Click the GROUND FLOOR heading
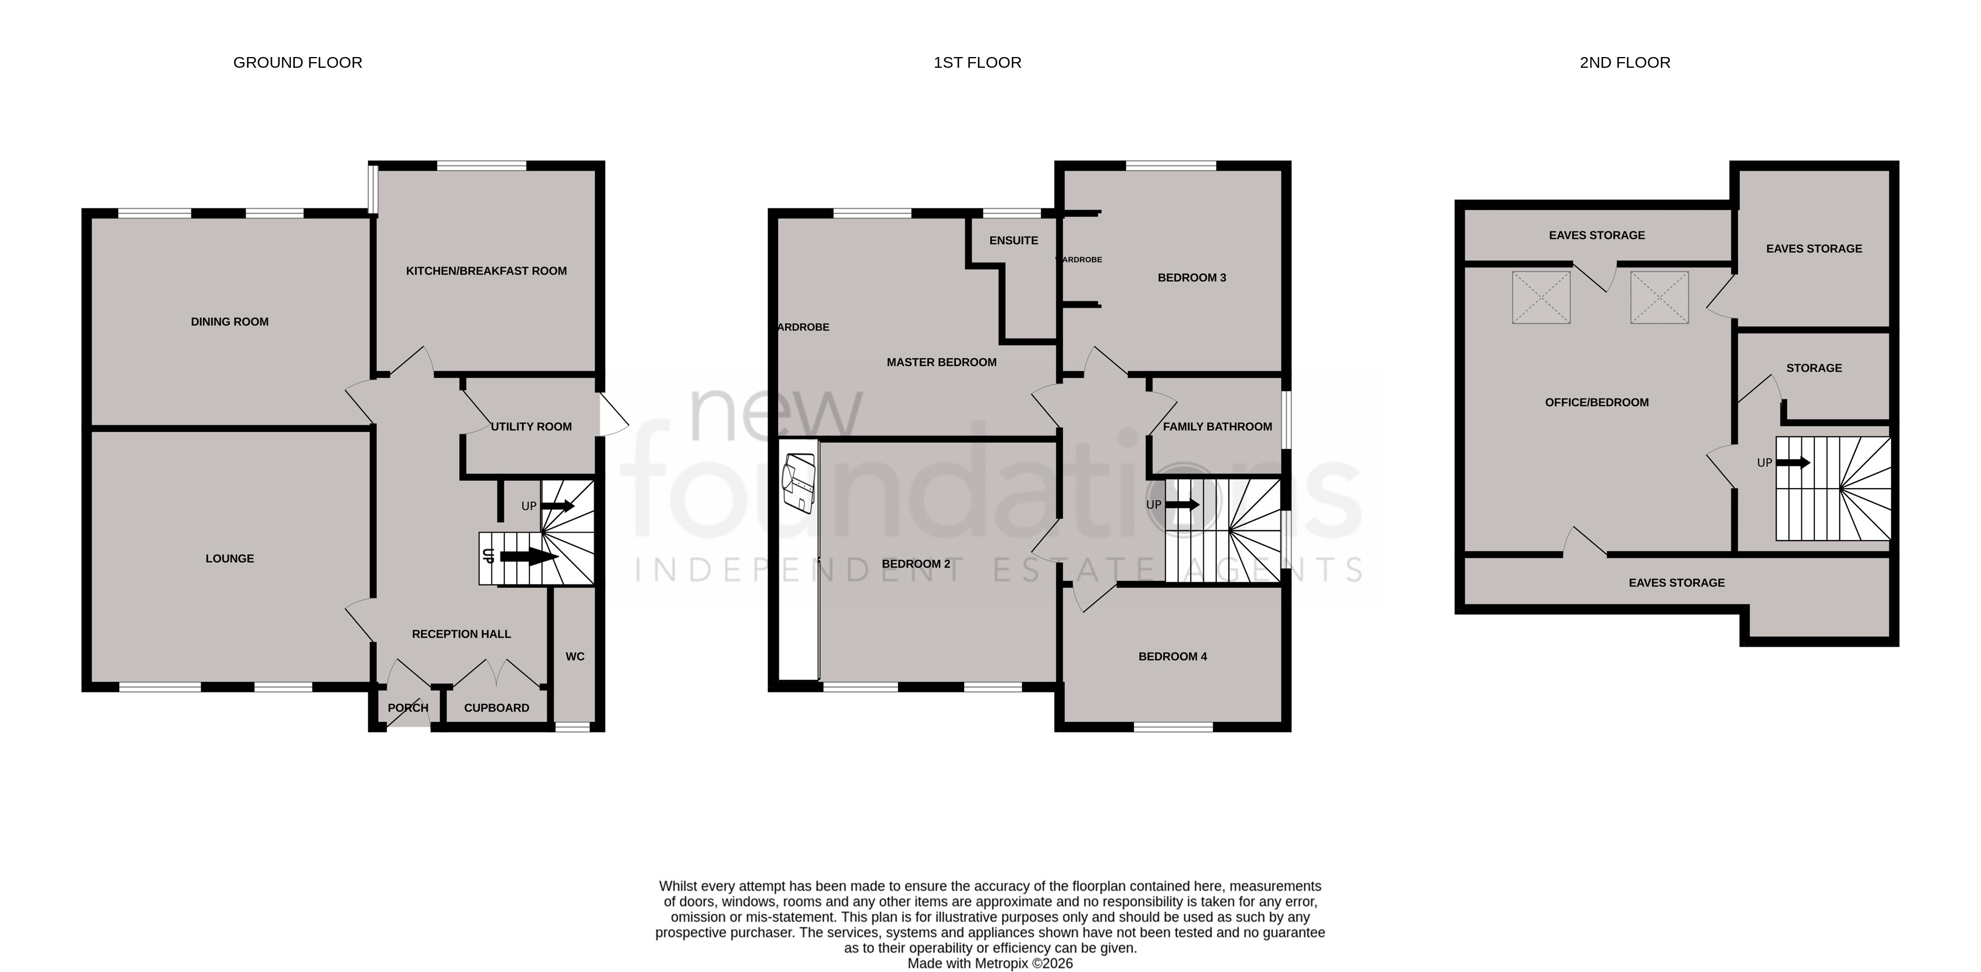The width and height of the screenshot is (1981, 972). pos(298,62)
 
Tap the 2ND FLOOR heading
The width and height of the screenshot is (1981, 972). pos(1625,62)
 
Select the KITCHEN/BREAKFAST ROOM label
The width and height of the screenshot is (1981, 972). pos(486,271)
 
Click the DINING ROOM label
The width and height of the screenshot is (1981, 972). pos(230,321)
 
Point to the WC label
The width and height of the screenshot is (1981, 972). pos(575,656)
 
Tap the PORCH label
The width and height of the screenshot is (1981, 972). pos(408,708)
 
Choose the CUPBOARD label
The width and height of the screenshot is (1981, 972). pos(497,708)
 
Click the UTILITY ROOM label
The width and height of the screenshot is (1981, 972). pos(532,426)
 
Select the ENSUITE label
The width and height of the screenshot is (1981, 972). pos(1013,240)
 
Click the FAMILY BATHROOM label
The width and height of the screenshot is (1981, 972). pos(1217,426)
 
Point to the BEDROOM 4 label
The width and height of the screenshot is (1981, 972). pos(1173,656)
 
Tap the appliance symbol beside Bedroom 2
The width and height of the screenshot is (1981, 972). pos(798,483)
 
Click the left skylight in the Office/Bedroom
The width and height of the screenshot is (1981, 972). pos(1541,297)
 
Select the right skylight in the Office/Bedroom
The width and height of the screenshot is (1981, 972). pos(1660,297)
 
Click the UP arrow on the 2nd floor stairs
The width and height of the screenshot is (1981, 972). pos(1792,462)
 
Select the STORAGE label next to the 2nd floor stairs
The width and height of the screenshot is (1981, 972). pos(1814,368)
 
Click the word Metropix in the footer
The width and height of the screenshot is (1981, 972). pos(1002,963)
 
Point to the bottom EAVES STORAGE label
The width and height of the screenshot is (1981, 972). pos(1677,582)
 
